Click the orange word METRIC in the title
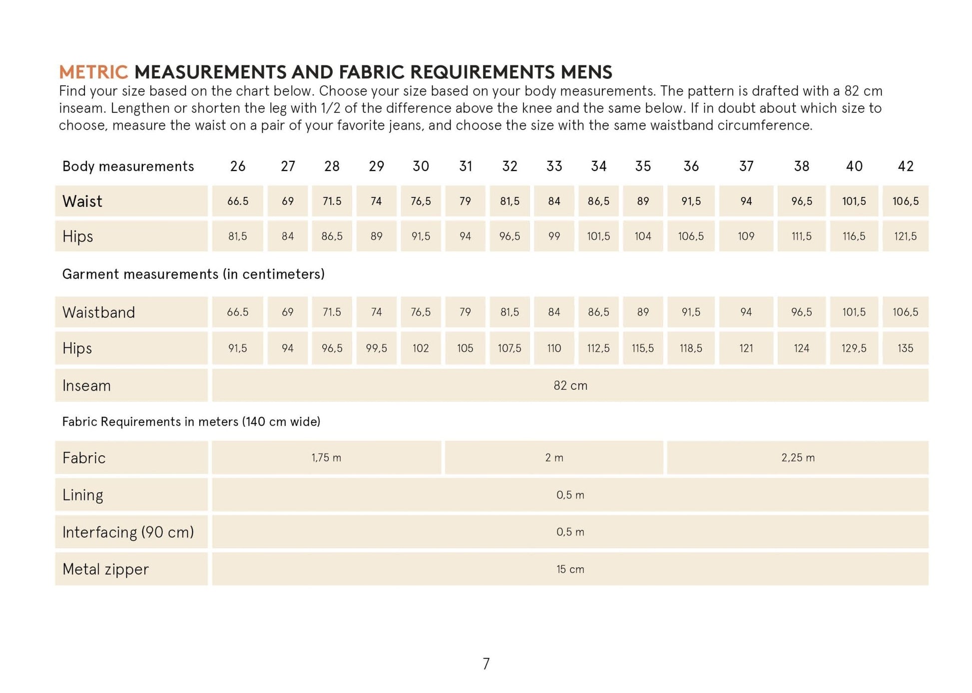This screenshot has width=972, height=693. coord(93,72)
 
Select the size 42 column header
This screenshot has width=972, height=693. coord(905,166)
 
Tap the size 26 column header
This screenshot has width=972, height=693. coord(238,166)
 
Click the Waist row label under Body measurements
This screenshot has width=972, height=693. coord(82,201)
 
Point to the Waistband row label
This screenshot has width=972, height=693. coord(98,312)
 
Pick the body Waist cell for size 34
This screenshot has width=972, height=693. coord(598,201)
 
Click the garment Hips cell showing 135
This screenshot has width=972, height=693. coord(905,348)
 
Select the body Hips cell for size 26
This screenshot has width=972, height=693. coord(238,236)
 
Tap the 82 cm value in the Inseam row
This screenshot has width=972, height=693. coord(570,386)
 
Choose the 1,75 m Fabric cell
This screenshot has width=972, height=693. coord(326,458)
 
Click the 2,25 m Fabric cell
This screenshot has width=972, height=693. coord(798,458)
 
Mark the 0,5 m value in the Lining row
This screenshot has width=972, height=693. coord(570,495)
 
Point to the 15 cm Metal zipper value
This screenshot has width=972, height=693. coord(570,569)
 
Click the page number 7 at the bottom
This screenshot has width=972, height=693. coord(486,664)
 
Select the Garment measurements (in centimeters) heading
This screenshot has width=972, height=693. coord(193,274)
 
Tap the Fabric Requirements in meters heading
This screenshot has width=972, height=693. coord(191,422)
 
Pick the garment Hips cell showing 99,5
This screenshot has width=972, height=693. coord(376,348)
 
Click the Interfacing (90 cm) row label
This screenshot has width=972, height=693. coord(128,532)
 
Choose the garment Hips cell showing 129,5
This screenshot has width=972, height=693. coord(854,348)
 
